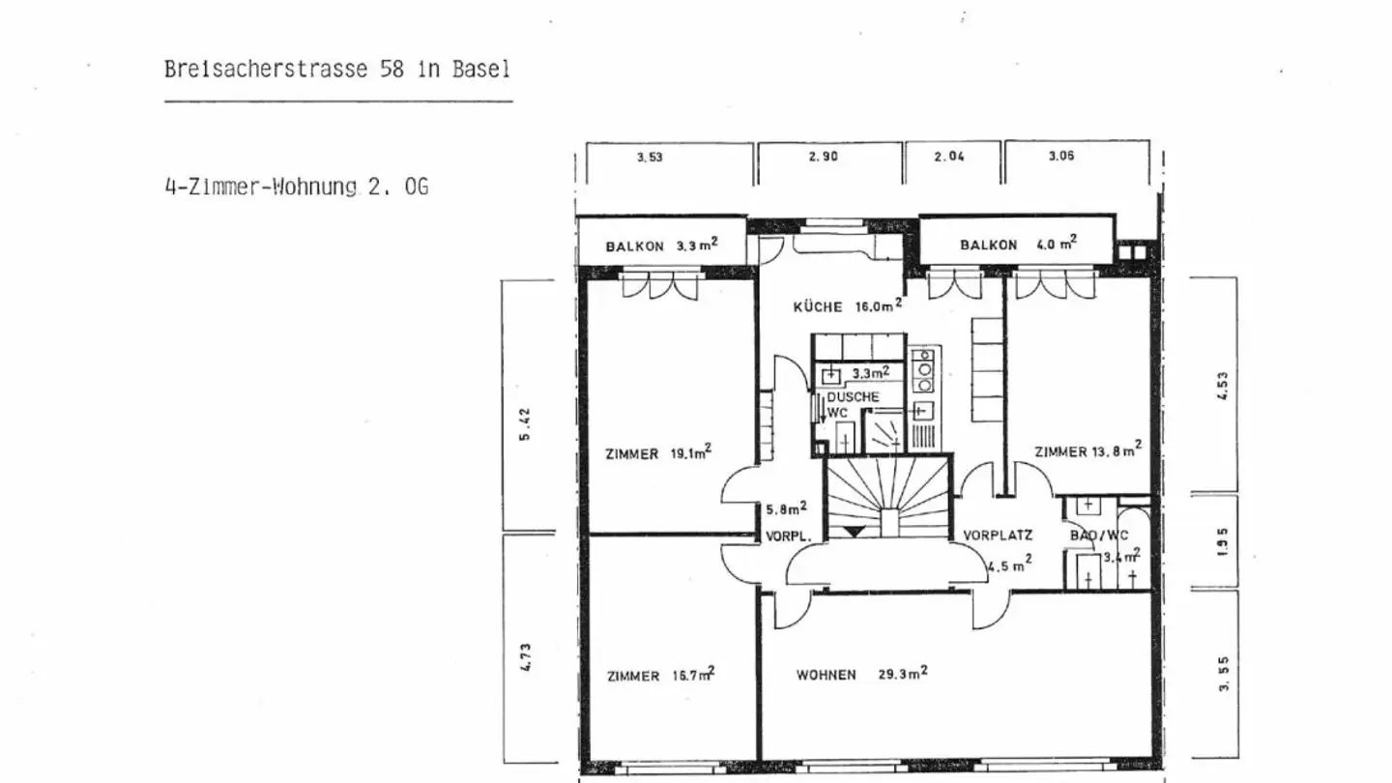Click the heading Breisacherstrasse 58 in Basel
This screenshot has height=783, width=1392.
337,71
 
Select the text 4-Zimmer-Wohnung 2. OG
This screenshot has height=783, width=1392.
296,187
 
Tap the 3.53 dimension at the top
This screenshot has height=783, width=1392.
650,158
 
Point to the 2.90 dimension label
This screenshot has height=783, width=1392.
823,158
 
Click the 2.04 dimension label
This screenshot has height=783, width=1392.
949,157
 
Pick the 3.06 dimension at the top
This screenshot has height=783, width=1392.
1060,157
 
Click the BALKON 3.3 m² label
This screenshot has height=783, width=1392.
661,246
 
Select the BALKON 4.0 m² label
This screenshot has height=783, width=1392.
1017,245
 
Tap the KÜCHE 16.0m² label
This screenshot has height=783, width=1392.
847,307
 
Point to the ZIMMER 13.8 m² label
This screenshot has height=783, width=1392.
1087,450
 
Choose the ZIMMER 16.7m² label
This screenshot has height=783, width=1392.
660,676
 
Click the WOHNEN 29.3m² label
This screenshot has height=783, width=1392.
861,675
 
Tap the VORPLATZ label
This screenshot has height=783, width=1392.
998,535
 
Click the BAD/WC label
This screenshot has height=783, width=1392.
1099,535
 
